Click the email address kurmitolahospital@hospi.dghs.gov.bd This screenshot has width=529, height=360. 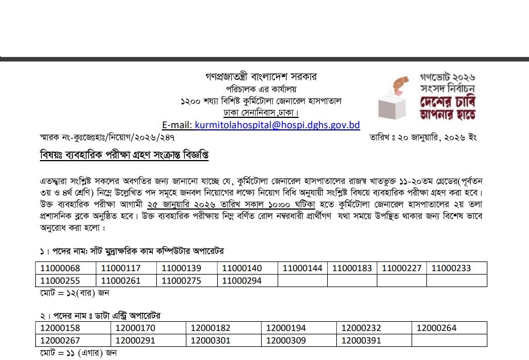click(277, 125)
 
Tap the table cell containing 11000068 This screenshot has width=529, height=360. click(59, 268)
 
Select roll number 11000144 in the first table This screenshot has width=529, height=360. click(302, 268)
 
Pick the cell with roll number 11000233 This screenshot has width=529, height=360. click(451, 268)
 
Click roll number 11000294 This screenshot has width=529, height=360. click(242, 280)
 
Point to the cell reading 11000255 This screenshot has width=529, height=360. click(59, 280)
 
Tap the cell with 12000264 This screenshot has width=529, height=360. click(437, 328)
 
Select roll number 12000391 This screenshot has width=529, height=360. click(361, 340)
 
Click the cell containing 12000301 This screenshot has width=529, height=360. click(210, 340)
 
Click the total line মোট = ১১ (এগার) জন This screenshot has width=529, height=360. click(76, 353)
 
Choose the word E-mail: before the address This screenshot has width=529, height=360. click(177, 125)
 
